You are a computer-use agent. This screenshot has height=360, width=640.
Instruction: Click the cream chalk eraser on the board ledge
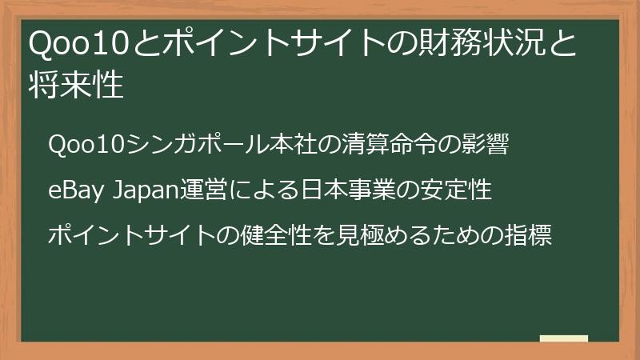point(563,339)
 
